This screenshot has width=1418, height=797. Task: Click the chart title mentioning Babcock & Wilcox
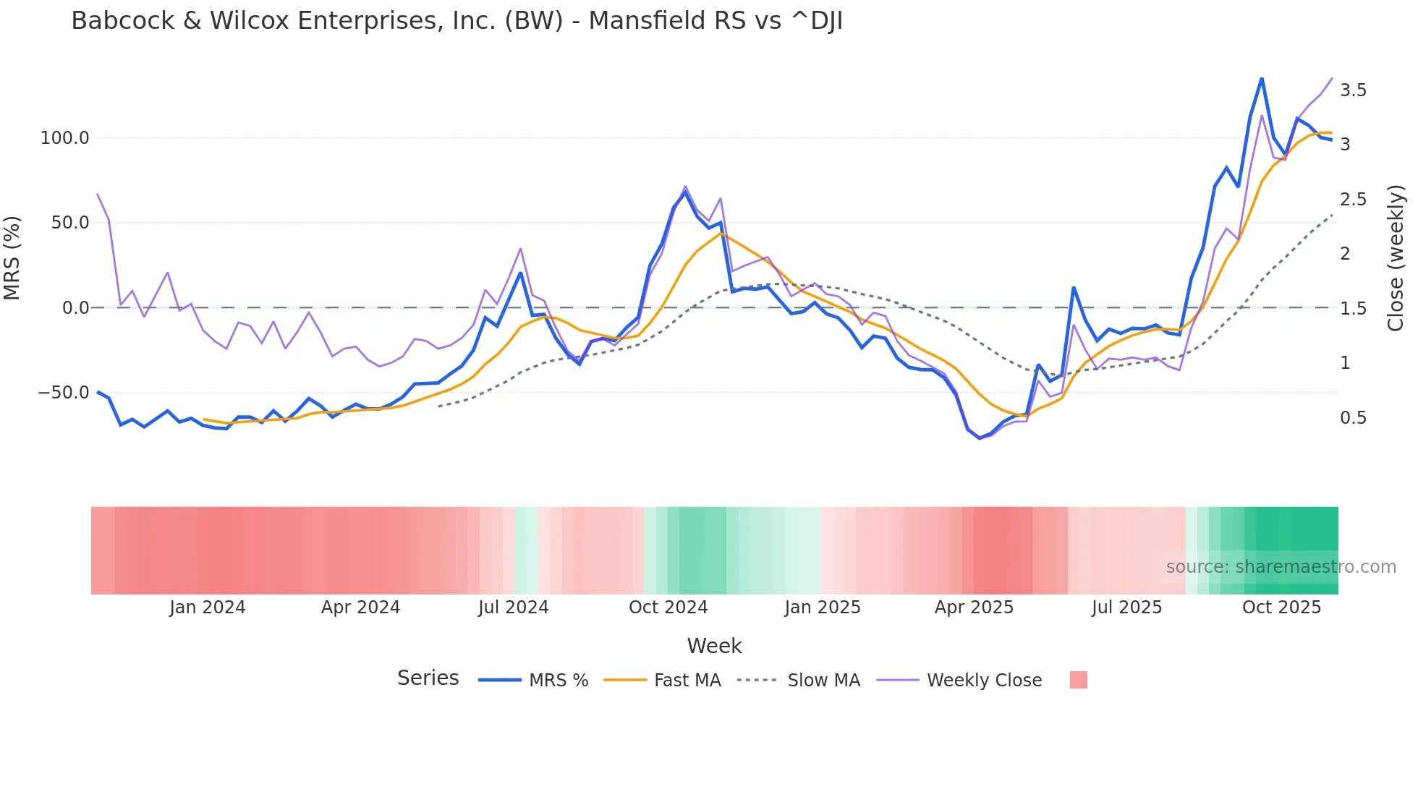tap(457, 21)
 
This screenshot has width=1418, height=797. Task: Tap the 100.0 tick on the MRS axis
tap(64, 137)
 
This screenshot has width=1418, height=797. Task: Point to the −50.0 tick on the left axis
tap(63, 393)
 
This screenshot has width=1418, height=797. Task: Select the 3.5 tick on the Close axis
tap(1353, 90)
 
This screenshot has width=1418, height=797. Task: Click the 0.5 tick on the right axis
tap(1353, 418)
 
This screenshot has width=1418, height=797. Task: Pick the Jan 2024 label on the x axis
tap(208, 608)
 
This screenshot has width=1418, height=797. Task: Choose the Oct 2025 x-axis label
tap(1281, 608)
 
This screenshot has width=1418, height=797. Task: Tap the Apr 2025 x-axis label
tap(974, 608)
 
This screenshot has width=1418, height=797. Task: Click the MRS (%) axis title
tap(12, 258)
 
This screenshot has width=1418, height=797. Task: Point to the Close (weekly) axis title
tap(1396, 258)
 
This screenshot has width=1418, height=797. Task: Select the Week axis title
tap(714, 646)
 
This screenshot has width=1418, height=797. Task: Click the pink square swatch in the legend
tap(1078, 681)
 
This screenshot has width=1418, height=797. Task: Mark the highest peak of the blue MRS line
tap(1262, 78)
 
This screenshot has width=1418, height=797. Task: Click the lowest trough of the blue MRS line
tap(980, 438)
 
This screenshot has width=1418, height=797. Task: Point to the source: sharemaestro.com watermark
tap(1281, 567)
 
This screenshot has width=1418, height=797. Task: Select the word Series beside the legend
tap(428, 678)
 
